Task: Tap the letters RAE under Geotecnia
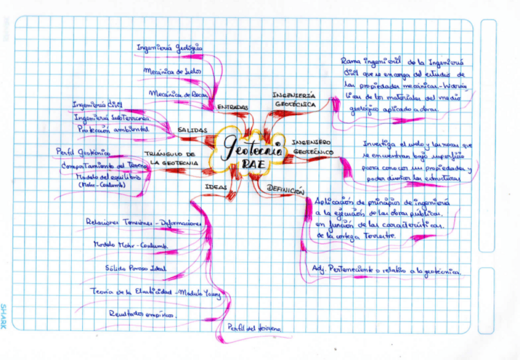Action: coord(253,164)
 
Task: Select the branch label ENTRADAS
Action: coord(232,107)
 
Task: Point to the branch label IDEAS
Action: coord(216,186)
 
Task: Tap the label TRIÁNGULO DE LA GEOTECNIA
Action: coord(174,158)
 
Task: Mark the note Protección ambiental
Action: coord(113,130)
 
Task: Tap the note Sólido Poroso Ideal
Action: coord(136,267)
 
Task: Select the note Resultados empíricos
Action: coord(141,313)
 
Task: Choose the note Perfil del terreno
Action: coord(254,328)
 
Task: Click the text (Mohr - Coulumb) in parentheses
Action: coord(102,185)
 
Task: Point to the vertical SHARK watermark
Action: coord(5,316)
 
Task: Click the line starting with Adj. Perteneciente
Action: coord(387,269)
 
